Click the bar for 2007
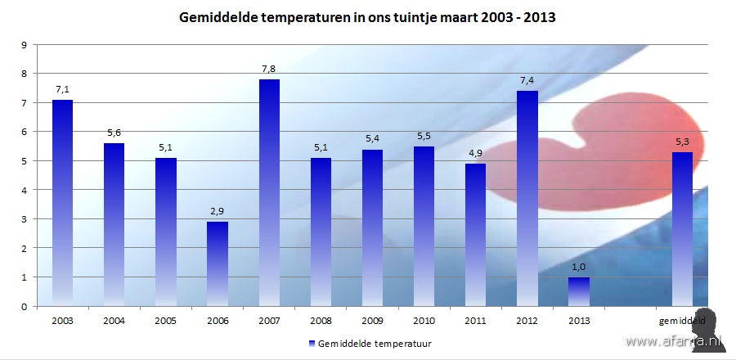tap(269, 192)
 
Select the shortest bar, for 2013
tap(579, 291)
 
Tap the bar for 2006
tap(218, 263)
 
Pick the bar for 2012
tap(527, 198)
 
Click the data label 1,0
tap(579, 268)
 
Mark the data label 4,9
tap(476, 154)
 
